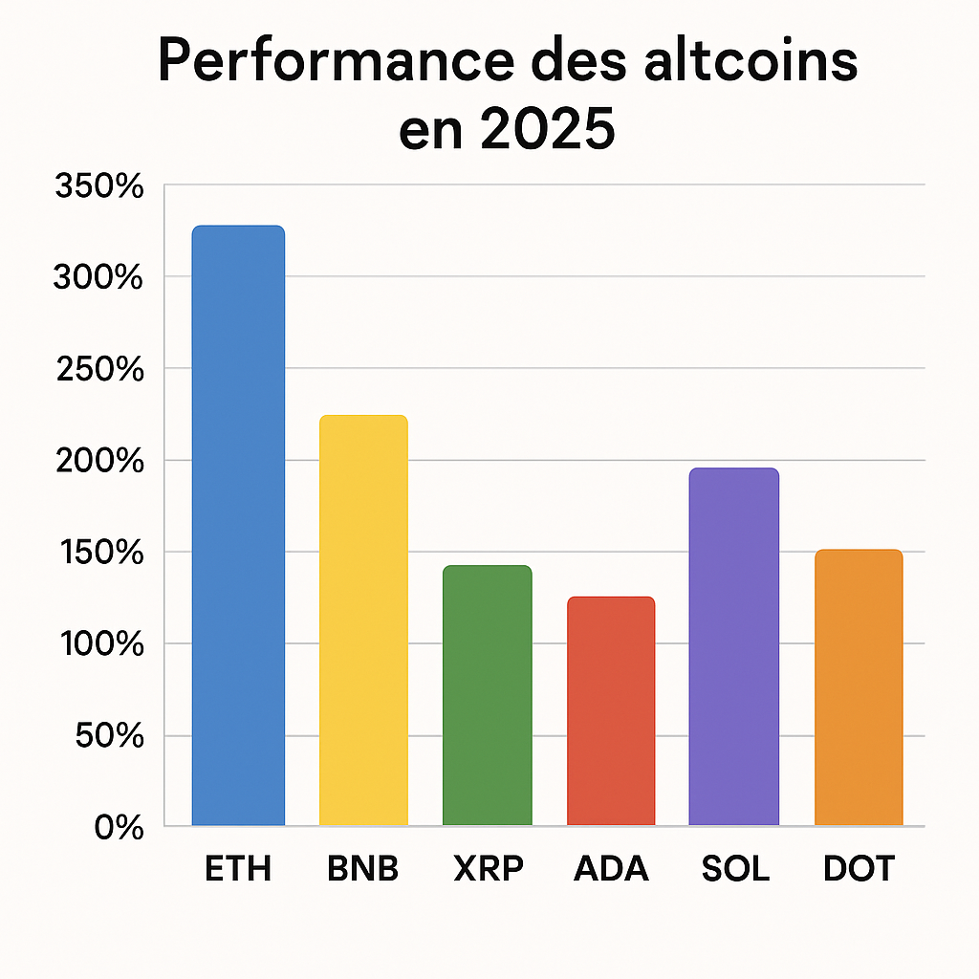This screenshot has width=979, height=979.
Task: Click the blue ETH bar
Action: [238, 526]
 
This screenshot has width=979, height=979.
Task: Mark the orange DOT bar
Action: [859, 687]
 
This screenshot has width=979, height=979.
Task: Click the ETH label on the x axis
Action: [238, 869]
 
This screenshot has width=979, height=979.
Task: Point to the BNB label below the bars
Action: [362, 869]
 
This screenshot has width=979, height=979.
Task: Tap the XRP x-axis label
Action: [487, 869]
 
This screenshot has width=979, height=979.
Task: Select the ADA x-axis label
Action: [611, 869]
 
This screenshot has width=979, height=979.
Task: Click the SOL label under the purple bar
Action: [734, 869]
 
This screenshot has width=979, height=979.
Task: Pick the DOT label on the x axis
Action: [859, 869]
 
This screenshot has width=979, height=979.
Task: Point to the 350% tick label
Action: [99, 186]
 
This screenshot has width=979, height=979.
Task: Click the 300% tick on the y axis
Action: [99, 278]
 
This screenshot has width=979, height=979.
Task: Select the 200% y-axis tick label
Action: [99, 462]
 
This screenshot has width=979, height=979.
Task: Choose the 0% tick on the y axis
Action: [119, 828]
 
